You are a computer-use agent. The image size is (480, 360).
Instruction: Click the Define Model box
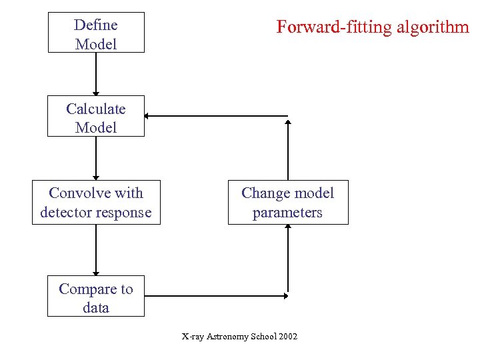pos(96,32)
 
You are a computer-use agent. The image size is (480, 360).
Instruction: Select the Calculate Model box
pos(96,117)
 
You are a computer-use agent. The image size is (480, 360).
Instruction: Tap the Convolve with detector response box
pos(96,202)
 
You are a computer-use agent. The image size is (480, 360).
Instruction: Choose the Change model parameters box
pos(288,202)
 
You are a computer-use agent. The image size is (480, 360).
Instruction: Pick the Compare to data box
pos(96,297)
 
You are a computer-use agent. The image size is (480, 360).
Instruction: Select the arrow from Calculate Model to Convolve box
pos(96,158)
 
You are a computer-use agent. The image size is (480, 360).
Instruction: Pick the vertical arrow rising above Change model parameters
pos(288,149)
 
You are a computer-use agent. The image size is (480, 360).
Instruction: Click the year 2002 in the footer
pos(288,336)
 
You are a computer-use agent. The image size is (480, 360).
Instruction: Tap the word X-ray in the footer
pos(192,336)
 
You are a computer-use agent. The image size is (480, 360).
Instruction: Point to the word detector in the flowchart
pos(67,213)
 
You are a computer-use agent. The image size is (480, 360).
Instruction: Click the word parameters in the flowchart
pos(287,213)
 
